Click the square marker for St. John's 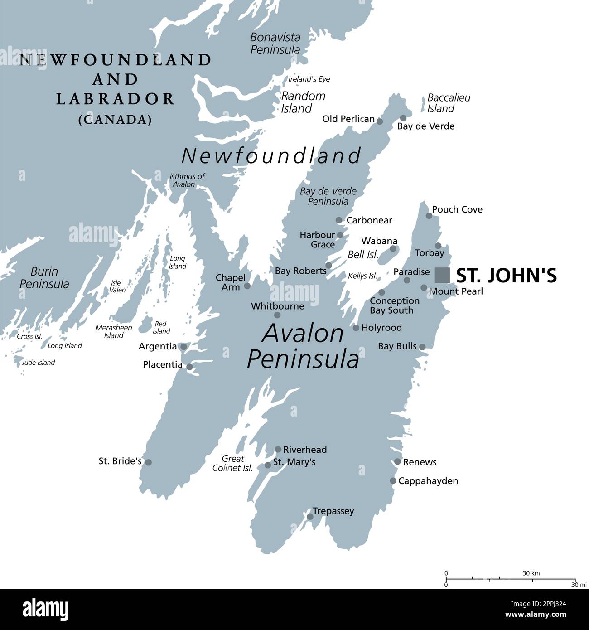pos(442,275)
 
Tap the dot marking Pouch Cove pos(429,216)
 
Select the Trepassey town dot pos(310,516)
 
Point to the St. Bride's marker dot pos(148,462)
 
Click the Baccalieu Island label pos(442,103)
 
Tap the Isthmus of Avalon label pos(187,180)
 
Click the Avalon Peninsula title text pos(303,346)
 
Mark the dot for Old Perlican pos(380,121)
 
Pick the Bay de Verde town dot pos(403,118)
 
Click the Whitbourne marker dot pos(277,315)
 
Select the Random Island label pos(303,102)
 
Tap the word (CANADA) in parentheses pos(115,120)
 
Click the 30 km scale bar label pos(531,573)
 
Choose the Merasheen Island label pos(113,331)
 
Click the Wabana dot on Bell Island pos(393,248)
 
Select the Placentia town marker pos(189,367)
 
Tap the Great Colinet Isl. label pos(233,463)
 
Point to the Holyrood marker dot pos(356,328)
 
